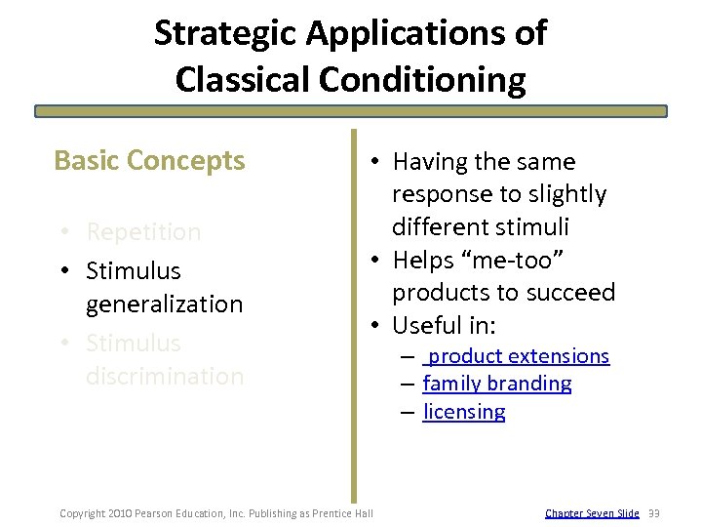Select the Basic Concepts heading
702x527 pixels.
click(x=149, y=160)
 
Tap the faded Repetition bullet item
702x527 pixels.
click(x=143, y=232)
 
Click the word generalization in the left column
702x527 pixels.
click(x=164, y=304)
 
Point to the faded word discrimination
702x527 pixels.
click(x=164, y=377)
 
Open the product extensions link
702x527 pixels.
click(x=518, y=356)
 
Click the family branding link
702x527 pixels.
click(x=497, y=384)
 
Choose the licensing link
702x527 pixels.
click(x=464, y=412)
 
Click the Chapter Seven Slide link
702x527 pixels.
click(x=592, y=513)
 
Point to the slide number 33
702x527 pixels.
click(x=654, y=513)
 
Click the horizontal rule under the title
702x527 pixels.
click(x=351, y=111)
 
